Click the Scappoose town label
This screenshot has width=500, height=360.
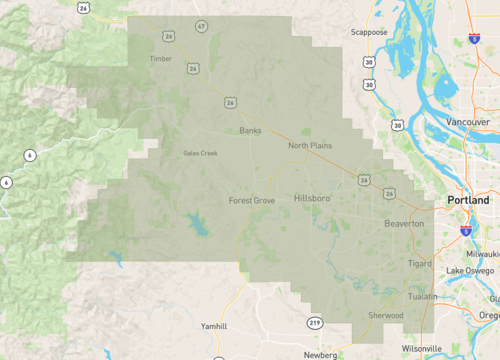[369, 32]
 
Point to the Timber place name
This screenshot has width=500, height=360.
[160, 59]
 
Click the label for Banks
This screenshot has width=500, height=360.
[250, 130]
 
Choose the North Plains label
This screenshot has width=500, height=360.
[310, 146]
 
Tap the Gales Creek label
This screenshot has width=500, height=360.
[200, 153]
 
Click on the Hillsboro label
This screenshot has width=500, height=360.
[312, 199]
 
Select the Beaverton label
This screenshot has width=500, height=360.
[404, 223]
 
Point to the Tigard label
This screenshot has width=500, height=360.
[420, 263]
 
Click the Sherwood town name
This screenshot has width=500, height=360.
[384, 315]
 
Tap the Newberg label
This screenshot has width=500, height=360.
[320, 354]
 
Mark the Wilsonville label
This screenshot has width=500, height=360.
[421, 348]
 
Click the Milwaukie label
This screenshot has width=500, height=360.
[478, 253]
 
